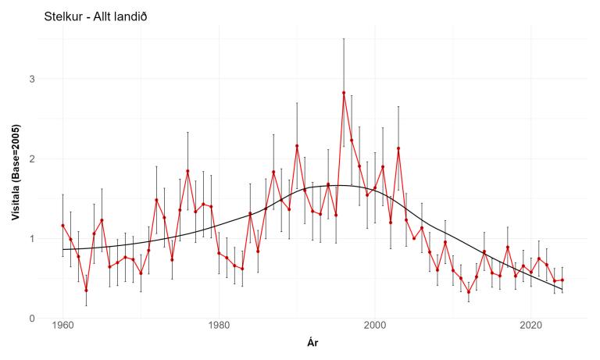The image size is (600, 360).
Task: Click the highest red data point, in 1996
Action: [x=344, y=93]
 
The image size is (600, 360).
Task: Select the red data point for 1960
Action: [x=62, y=226]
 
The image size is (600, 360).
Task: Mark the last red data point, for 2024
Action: [x=562, y=280]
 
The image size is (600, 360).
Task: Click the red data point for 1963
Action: [x=86, y=290]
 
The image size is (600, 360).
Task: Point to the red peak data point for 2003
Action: [x=398, y=148]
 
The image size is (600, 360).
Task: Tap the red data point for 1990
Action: [x=297, y=146]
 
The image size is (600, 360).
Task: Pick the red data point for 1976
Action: [x=187, y=171]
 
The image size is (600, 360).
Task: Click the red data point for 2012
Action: [x=469, y=292]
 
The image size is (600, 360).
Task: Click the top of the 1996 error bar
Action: [x=344, y=38]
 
